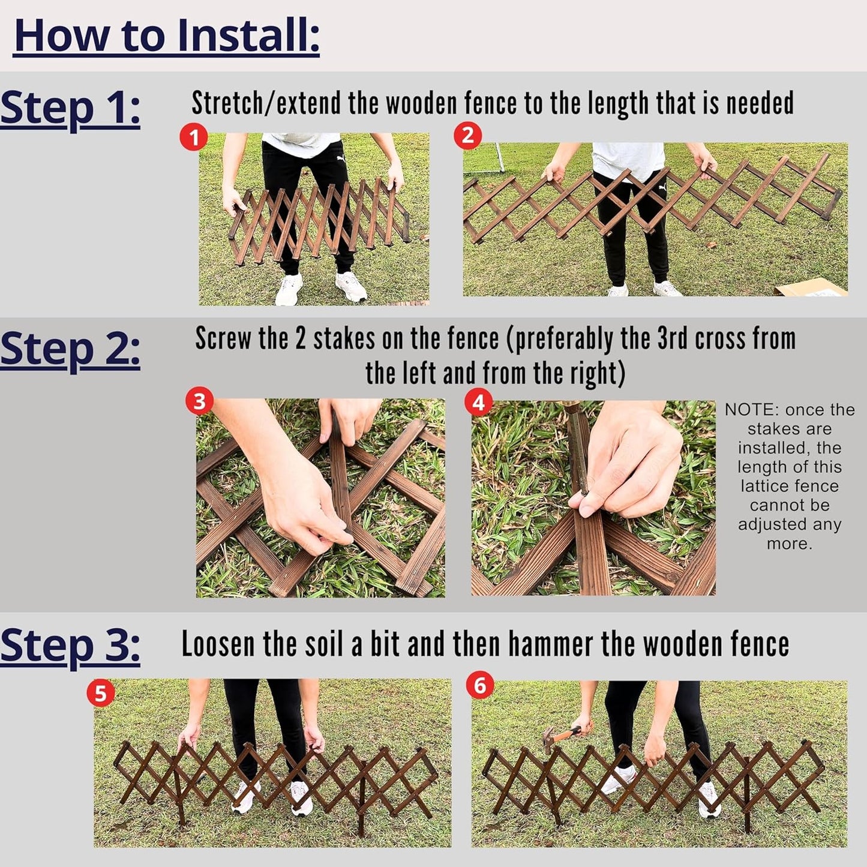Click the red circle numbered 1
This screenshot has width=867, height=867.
(194, 138)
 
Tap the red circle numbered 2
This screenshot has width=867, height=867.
(467, 136)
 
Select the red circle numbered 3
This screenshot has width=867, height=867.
(200, 401)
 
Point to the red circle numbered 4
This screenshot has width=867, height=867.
(479, 403)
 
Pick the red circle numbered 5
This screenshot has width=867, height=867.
(101, 694)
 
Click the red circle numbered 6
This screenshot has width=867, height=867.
(480, 685)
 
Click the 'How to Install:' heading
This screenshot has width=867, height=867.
(166, 36)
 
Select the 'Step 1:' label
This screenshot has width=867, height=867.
(70, 109)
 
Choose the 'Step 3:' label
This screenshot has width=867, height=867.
(70, 646)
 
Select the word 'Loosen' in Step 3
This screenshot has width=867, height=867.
(218, 644)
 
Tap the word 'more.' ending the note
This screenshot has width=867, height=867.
(789, 544)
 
